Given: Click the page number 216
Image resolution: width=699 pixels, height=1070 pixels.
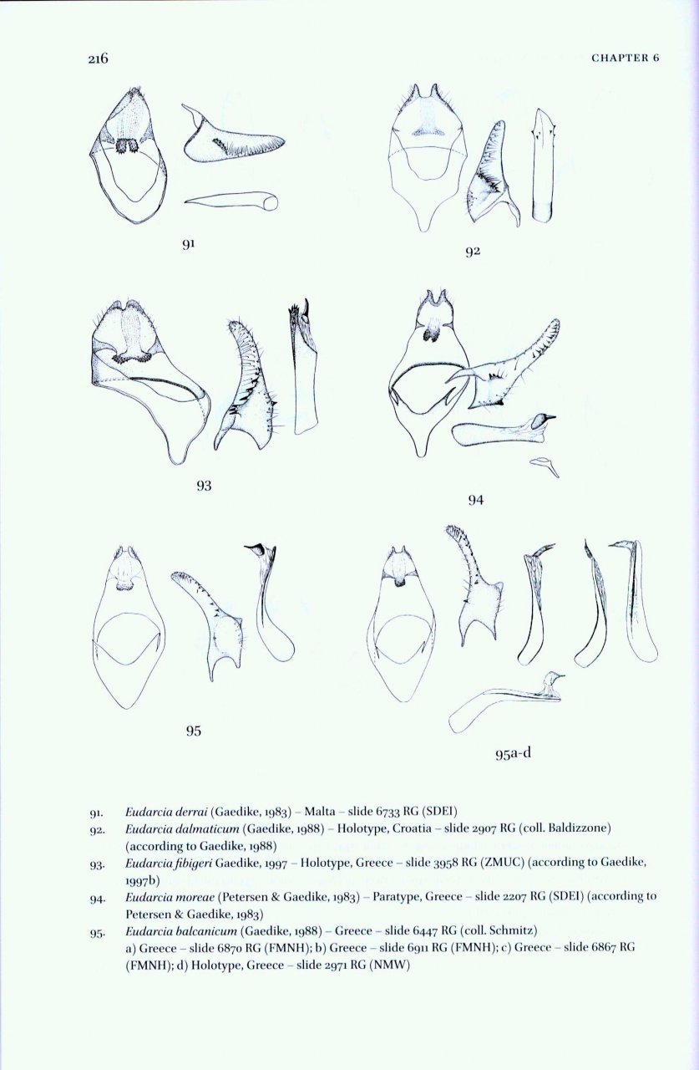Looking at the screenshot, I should pyautogui.click(x=99, y=58).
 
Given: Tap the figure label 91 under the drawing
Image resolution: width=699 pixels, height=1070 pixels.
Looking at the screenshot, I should pyautogui.click(x=190, y=244).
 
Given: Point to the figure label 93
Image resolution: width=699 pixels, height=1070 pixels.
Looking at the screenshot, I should pyautogui.click(x=204, y=485).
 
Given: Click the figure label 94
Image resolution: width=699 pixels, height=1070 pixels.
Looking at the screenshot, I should pyautogui.click(x=475, y=500).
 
